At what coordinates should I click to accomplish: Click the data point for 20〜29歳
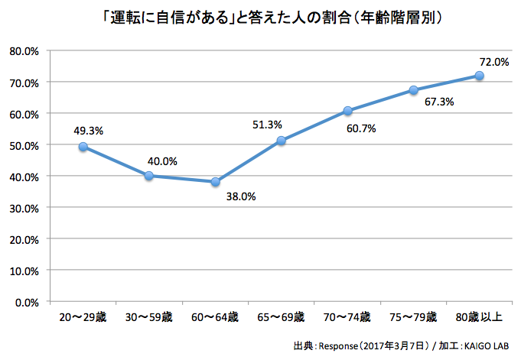point(83,147)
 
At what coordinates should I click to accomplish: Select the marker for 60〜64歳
point(215,182)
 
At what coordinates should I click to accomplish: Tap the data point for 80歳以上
point(479,76)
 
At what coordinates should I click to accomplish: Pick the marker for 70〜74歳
point(347,111)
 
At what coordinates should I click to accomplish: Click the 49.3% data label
point(88,130)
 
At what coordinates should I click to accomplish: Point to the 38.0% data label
point(240,196)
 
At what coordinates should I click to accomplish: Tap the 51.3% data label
point(268,125)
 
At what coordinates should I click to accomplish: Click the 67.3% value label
point(438,102)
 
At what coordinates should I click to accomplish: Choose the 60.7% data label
point(360,128)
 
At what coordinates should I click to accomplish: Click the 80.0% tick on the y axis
point(24,51)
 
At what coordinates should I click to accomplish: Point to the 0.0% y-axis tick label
point(27,302)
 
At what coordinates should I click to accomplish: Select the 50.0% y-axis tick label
point(24,145)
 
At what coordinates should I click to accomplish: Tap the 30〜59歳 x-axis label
point(148,316)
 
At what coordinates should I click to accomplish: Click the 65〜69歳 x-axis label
point(281,316)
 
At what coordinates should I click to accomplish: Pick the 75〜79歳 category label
point(413,316)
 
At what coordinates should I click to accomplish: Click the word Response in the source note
point(337,346)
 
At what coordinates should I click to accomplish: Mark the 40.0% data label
point(162,161)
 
